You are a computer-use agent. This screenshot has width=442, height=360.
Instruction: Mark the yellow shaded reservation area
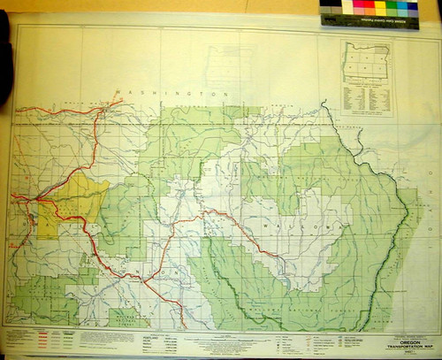[75, 199]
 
